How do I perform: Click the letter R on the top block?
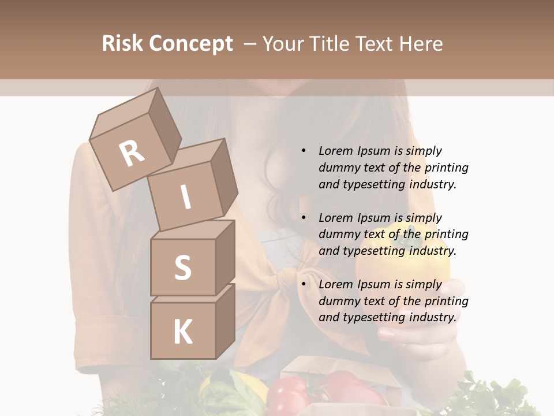click(132, 153)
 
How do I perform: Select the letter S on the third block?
click(182, 268)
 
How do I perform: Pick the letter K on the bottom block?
click(182, 332)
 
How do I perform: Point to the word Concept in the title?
click(191, 44)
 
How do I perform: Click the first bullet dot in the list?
click(304, 151)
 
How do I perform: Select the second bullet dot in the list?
click(304, 218)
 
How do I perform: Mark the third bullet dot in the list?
click(304, 284)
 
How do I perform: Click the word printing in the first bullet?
click(446, 168)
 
